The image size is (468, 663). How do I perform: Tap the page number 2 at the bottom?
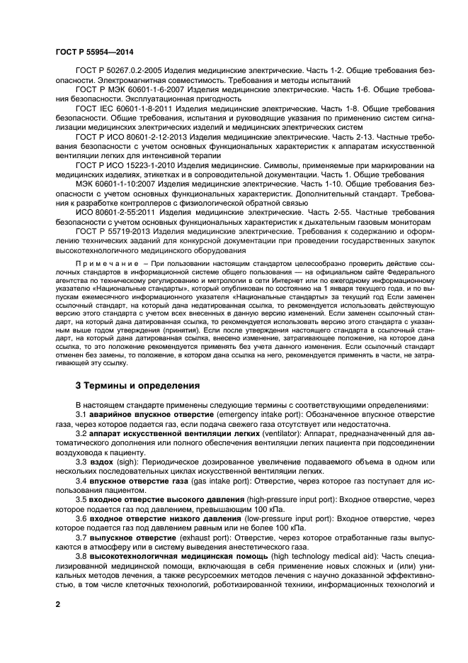pyautogui.click(x=59, y=604)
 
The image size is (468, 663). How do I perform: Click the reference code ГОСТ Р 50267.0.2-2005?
pyautogui.click(x=117, y=72)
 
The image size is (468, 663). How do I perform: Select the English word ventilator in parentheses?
pyautogui.click(x=282, y=432)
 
